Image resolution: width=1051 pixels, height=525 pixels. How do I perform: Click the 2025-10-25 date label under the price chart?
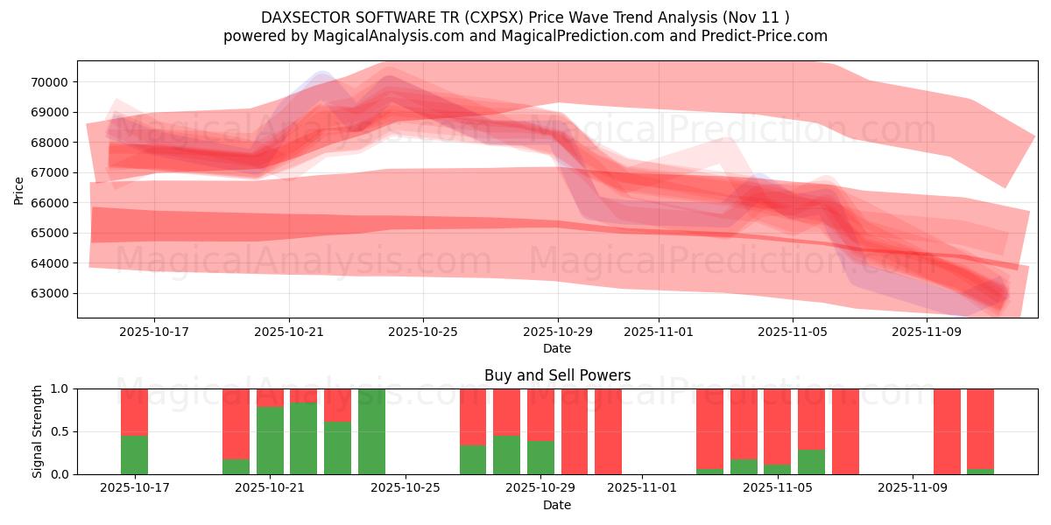[x=423, y=332]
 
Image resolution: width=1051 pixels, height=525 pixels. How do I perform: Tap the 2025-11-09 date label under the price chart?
[x=927, y=332]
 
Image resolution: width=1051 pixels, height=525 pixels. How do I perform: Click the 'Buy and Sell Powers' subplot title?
[x=557, y=375]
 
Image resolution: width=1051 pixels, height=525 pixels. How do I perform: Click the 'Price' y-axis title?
[x=19, y=190]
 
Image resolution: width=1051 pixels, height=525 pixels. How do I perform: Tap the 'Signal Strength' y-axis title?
[x=37, y=431]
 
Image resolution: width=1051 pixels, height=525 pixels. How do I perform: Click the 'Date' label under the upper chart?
[x=557, y=348]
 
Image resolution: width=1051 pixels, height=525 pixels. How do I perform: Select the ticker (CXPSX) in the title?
[x=492, y=17]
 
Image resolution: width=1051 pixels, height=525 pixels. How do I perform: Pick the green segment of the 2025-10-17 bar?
[x=134, y=455]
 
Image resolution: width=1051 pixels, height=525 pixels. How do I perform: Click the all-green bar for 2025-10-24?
[x=371, y=431]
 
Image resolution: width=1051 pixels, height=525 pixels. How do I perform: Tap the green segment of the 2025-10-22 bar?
[x=303, y=438]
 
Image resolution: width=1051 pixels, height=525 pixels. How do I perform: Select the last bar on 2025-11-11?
[x=980, y=429]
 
